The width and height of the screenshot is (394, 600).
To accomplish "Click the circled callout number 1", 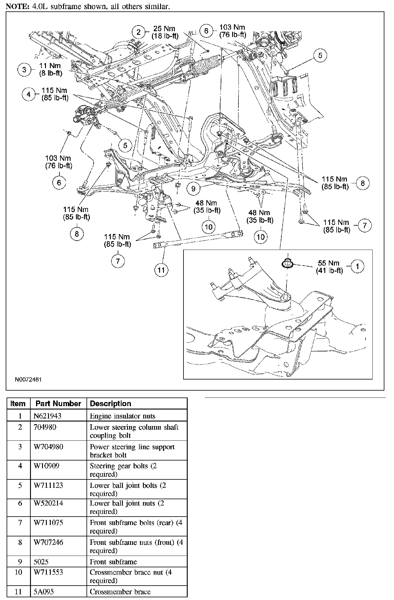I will [357, 266].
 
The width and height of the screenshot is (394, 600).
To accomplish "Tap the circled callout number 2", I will [138, 32].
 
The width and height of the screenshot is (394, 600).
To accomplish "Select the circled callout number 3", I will [24, 70].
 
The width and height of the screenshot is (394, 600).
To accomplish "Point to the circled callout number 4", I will [29, 94].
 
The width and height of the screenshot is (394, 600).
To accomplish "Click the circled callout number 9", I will [193, 188].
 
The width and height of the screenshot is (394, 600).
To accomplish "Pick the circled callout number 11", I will [161, 270].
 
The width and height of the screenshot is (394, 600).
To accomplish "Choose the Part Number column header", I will [58, 403].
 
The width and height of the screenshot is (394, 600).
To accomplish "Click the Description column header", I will [111, 403].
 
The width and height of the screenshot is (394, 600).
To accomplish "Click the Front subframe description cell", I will [113, 562].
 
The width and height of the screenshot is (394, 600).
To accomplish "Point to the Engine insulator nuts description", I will [123, 416].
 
